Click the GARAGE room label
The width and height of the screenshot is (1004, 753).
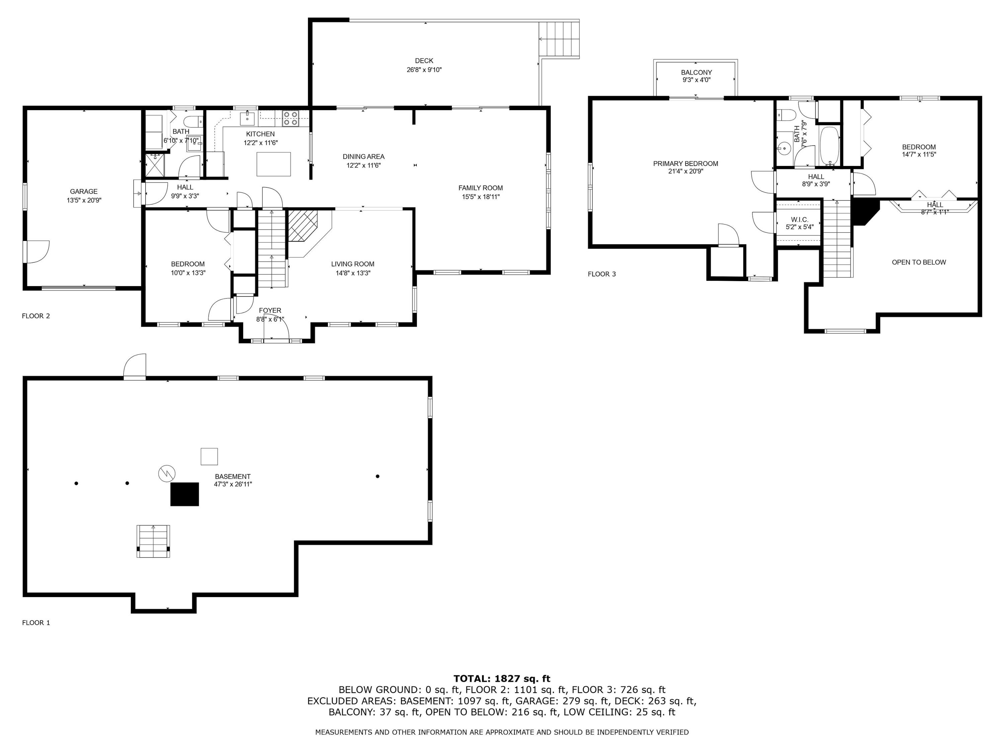84,191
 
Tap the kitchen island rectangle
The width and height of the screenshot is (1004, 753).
274,164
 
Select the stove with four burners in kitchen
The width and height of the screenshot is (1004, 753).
290,118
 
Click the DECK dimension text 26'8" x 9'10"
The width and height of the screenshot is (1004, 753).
424,70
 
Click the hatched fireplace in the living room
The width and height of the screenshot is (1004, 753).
303,225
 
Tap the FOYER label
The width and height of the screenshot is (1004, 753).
270,311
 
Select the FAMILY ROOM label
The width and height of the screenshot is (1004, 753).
480,188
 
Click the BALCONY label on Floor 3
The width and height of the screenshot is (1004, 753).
696,73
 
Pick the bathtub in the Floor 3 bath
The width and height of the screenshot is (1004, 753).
830,145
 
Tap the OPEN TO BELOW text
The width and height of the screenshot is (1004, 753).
919,262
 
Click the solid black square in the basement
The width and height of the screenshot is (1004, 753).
185,494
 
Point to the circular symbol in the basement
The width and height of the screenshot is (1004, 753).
167,474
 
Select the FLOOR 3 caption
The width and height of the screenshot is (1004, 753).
602,274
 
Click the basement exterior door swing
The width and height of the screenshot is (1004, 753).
135,366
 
